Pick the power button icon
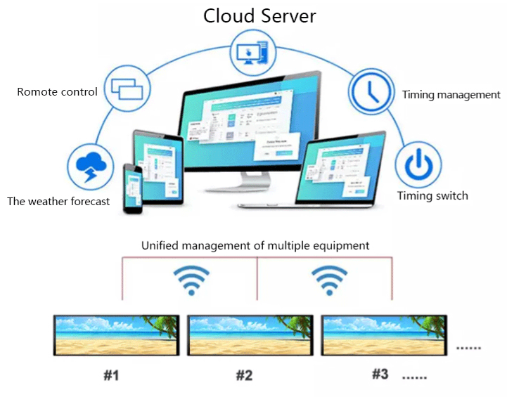coord(418,164)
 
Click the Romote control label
coord(57,92)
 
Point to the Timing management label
coord(451,95)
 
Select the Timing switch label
coord(432,196)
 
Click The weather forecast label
coord(58,202)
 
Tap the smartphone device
coord(132,188)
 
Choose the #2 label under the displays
coord(243,375)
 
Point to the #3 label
coord(379,374)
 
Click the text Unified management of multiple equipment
coord(255,246)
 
